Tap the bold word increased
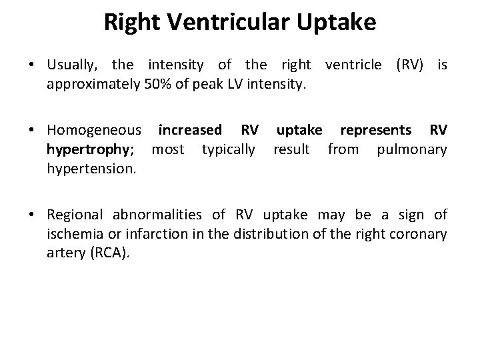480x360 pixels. point(191,129)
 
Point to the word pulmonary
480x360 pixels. point(412,149)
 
